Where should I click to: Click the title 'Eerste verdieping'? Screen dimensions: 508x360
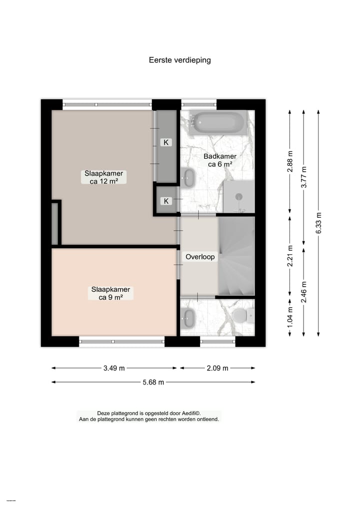[x=180, y=60]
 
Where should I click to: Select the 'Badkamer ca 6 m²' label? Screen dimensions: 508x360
[x=220, y=160]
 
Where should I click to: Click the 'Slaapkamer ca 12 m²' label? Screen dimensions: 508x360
[x=103, y=177]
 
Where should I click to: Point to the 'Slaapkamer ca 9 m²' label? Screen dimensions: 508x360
[x=110, y=293]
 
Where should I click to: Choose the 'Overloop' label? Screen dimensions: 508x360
[x=200, y=257]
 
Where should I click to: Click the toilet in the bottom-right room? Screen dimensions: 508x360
[x=241, y=315]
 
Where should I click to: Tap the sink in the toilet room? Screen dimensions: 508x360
[x=188, y=318]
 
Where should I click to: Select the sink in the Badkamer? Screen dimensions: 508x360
[x=188, y=178]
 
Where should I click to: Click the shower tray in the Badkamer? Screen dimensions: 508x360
[x=239, y=196]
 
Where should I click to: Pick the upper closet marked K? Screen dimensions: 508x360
[x=166, y=142]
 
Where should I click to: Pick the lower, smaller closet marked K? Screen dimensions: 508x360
[x=166, y=201]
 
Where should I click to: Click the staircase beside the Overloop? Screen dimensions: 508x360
[x=236, y=256]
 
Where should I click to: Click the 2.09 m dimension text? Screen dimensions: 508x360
[x=217, y=368]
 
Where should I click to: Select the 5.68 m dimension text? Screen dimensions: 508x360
[x=153, y=383]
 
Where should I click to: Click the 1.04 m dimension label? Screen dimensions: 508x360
[x=290, y=316]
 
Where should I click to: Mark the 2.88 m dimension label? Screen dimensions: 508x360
[x=290, y=161]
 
